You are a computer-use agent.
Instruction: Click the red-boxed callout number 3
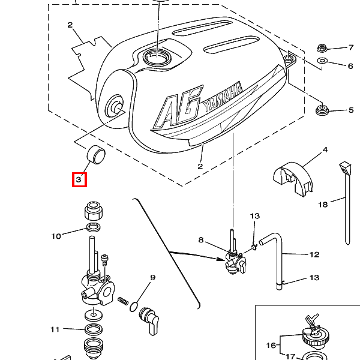(x=79, y=179)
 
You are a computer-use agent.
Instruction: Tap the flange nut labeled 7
(x=322, y=48)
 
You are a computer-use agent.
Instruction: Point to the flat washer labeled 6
(x=322, y=61)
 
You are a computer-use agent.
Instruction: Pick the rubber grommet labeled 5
(x=322, y=110)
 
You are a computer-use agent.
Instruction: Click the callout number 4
(x=325, y=150)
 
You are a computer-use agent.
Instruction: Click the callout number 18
(x=323, y=205)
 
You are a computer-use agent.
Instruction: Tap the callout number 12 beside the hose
(x=314, y=254)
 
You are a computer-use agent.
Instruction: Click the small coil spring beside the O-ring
(x=123, y=301)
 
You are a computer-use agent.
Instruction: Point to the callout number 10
(x=56, y=236)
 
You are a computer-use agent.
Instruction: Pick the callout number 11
(x=55, y=329)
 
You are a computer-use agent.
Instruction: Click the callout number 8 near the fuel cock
(x=201, y=240)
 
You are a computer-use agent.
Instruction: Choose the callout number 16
(x=271, y=345)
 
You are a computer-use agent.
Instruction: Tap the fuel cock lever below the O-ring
(x=149, y=320)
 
